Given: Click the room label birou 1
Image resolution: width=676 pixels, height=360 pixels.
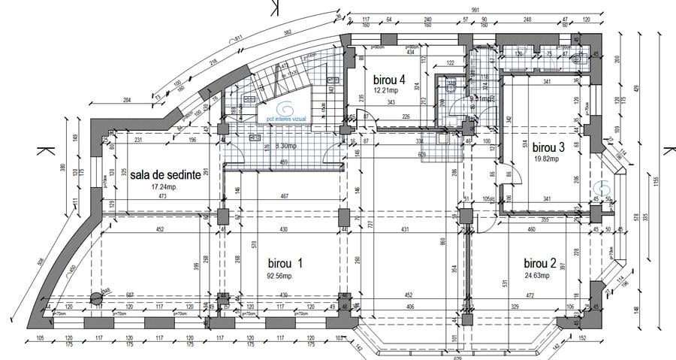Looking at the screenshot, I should pos(285,264).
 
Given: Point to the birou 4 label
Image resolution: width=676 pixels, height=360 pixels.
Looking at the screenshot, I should pos(389,79).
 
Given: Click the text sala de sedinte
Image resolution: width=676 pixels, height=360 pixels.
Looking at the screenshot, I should pos(164,174).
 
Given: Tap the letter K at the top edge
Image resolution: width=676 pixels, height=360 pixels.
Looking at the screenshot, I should pos(273,7).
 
